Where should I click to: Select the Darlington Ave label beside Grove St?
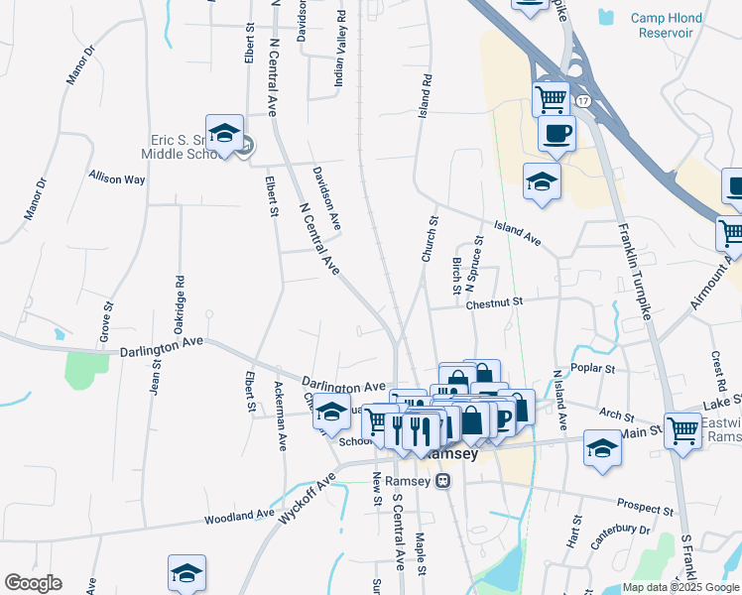click(161, 347)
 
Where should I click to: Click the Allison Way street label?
click(117, 178)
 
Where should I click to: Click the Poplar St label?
click(595, 368)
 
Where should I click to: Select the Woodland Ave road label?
click(239, 517)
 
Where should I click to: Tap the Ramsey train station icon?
click(443, 481)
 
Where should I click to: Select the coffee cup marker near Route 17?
click(556, 134)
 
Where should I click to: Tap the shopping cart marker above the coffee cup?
click(551, 99)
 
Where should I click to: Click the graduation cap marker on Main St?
click(602, 448)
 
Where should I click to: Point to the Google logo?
click(33, 583)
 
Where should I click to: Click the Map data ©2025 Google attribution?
click(681, 587)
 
